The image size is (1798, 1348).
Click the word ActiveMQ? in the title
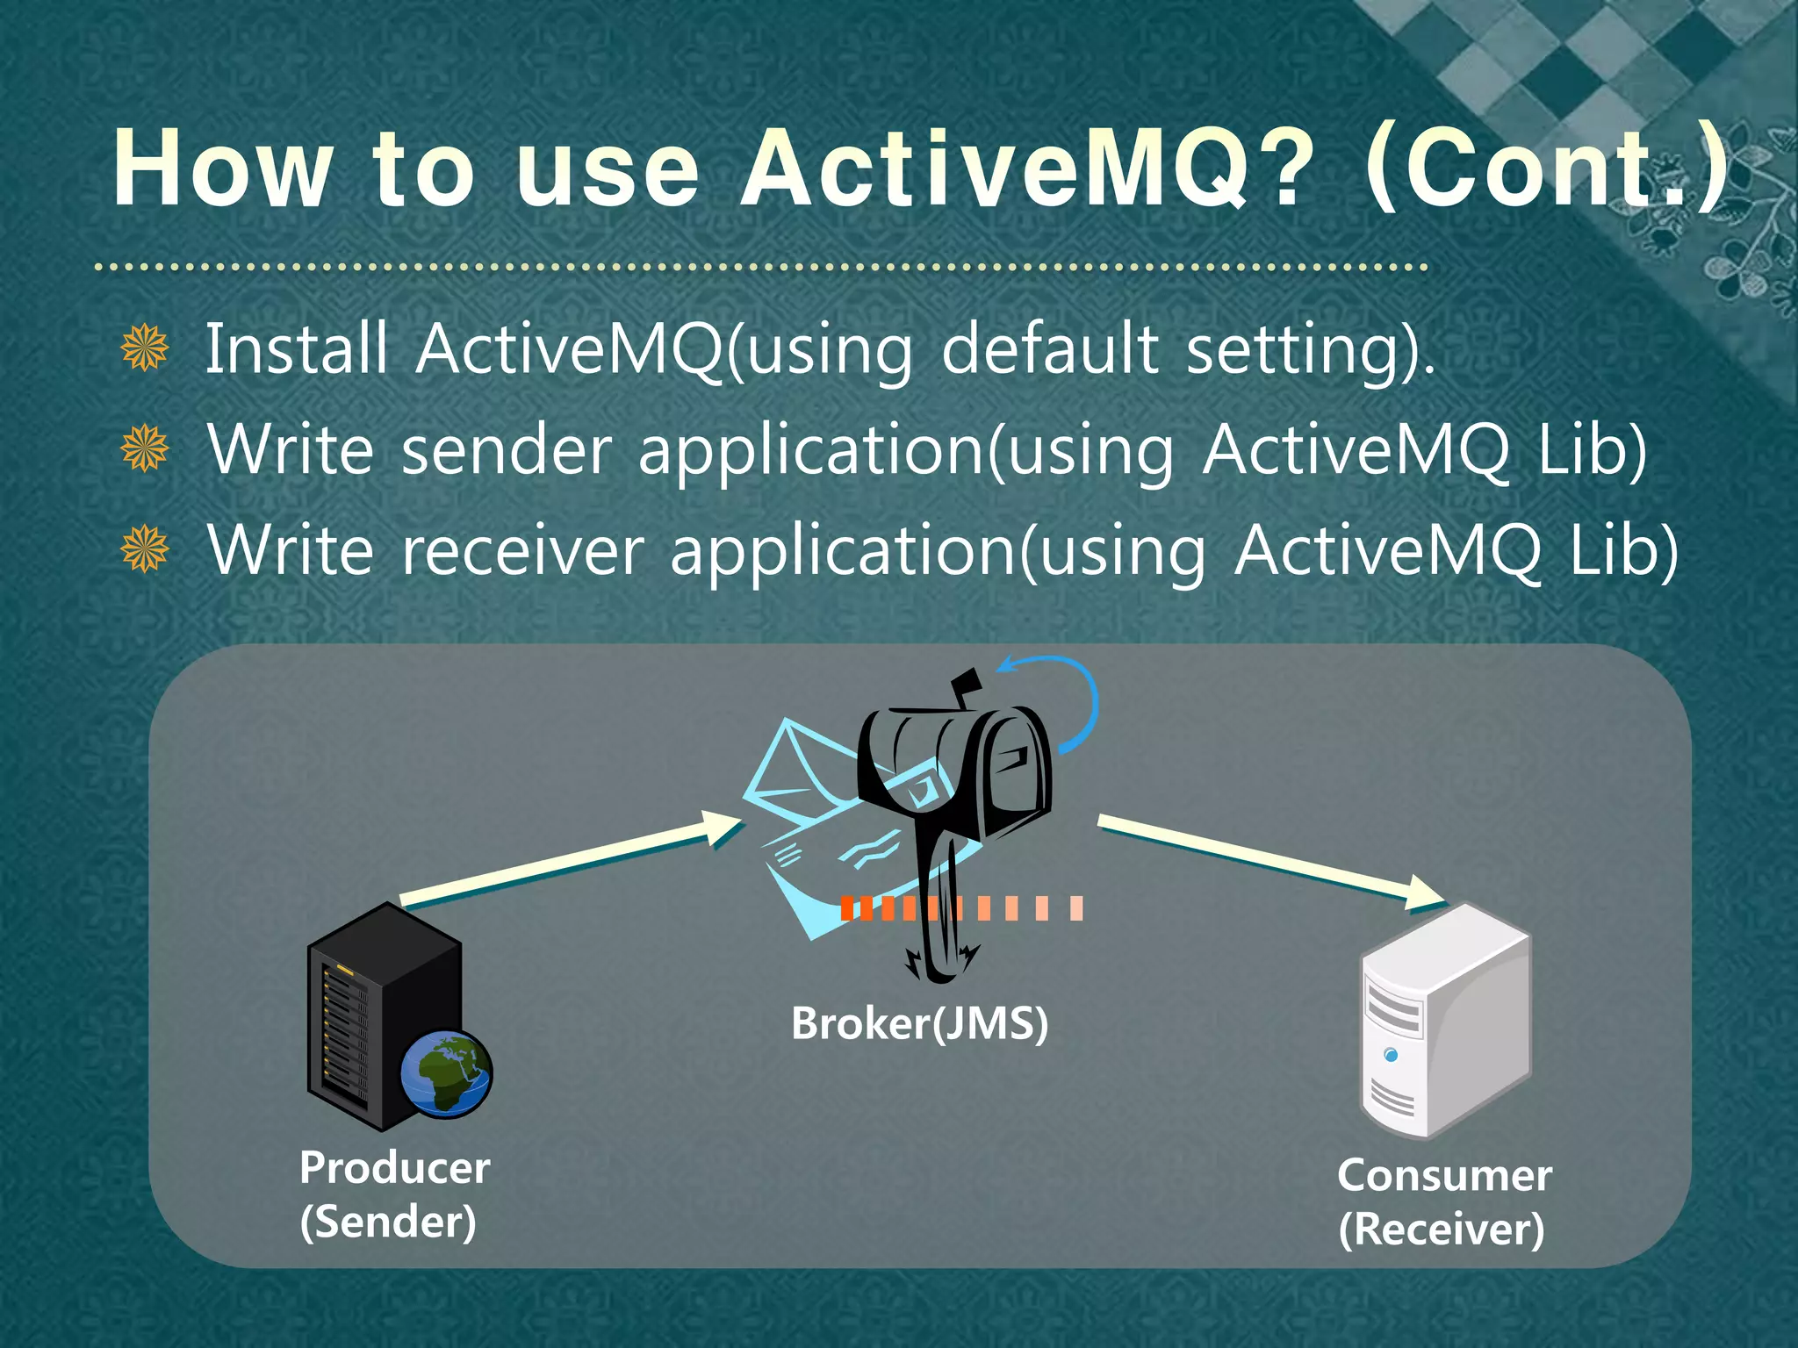click(1029, 168)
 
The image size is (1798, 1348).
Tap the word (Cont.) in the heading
click(1547, 168)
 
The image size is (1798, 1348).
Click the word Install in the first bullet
click(296, 348)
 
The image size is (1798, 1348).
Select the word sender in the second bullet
click(507, 449)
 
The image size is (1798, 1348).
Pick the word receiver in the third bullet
click(523, 551)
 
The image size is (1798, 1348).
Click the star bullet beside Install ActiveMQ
click(145, 348)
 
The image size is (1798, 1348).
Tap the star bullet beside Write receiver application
click(145, 549)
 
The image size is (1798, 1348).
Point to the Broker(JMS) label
click(919, 1023)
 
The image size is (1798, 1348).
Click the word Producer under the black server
click(394, 1168)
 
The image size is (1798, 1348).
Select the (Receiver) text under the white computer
click(1442, 1229)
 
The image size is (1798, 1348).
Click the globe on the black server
click(446, 1073)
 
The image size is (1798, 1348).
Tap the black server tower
click(369, 1009)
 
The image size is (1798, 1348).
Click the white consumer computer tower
click(1446, 1022)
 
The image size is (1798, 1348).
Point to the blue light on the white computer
click(1391, 1054)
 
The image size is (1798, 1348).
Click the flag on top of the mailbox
click(967, 683)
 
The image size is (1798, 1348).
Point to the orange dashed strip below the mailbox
click(961, 908)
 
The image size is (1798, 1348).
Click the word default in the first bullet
click(1050, 348)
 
